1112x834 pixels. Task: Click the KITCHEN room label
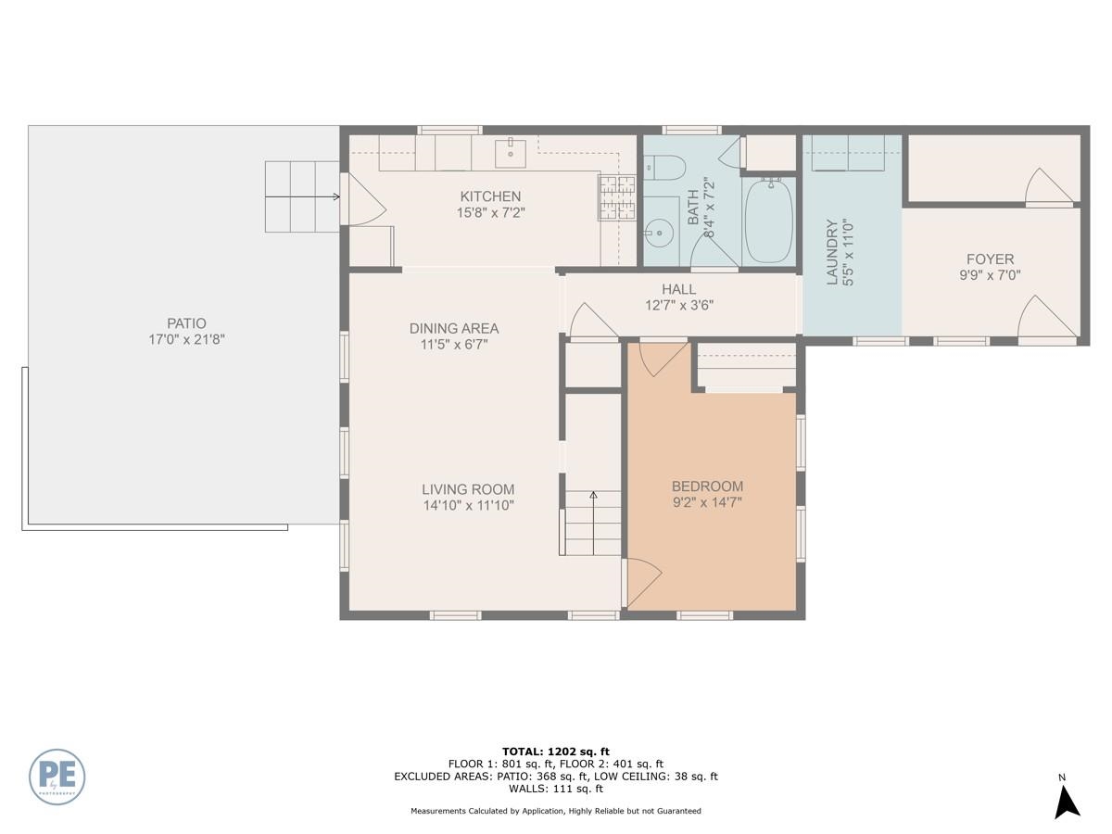coord(490,196)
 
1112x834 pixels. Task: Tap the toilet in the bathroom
coord(664,168)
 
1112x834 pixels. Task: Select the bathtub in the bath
coord(768,221)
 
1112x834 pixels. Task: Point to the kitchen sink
coord(511,153)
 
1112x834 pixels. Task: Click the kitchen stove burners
coord(617,197)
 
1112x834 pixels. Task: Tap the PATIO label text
coord(186,323)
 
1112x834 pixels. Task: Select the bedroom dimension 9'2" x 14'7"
coord(707,502)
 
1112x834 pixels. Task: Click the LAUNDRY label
coord(832,252)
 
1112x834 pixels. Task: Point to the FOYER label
coord(990,259)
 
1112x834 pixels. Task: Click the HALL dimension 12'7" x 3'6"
coord(679,306)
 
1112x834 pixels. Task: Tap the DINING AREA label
coord(454,329)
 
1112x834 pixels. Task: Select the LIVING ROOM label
coord(468,489)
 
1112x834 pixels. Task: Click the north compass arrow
coord(1068,802)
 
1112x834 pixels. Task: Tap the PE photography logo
coord(57,777)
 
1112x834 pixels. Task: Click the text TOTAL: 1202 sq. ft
coord(556,752)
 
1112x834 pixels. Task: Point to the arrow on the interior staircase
coord(593,523)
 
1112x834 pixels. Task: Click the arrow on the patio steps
coord(302,196)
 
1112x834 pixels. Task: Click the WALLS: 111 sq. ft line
coord(556,789)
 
